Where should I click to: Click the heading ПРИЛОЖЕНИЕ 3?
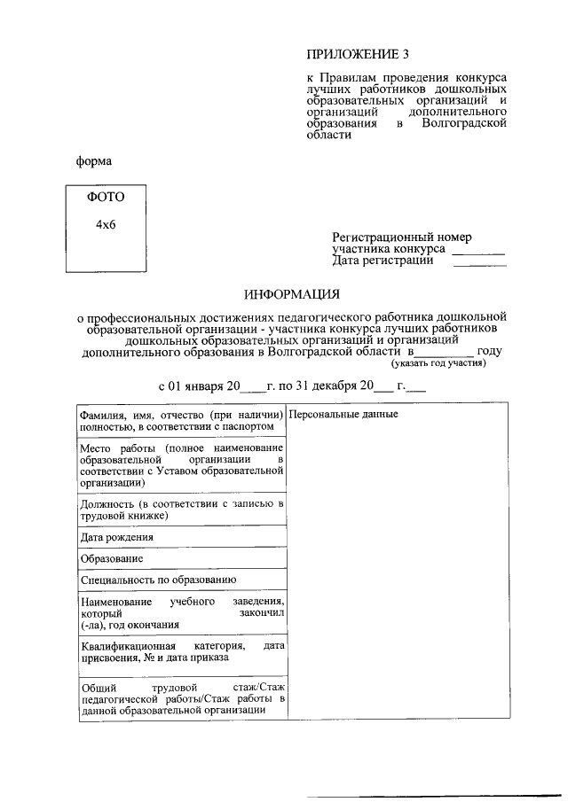[354, 54]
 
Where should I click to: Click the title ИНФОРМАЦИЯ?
[292, 293]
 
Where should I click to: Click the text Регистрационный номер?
[402, 237]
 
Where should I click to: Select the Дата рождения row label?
[116, 537]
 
